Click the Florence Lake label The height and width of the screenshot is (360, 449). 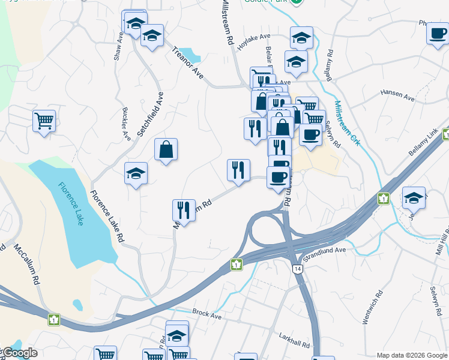[x=71, y=203]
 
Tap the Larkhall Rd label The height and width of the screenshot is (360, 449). [x=294, y=341]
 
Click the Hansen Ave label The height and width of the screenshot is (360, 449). [x=397, y=95]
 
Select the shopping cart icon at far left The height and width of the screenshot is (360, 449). [x=44, y=121]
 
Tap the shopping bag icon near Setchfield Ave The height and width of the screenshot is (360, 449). [x=166, y=150]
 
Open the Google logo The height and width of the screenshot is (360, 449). [x=19, y=353]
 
